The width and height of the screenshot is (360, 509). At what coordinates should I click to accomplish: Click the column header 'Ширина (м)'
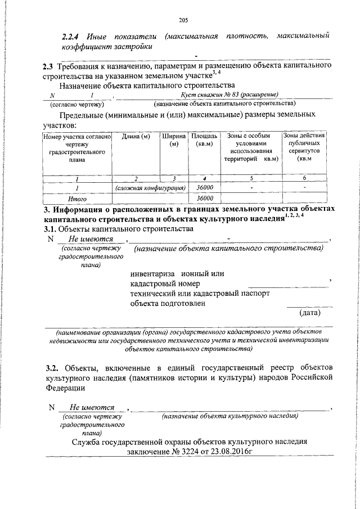173,141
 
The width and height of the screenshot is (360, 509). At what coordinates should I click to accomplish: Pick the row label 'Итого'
76,199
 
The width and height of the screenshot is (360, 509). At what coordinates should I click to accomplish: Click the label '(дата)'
310,311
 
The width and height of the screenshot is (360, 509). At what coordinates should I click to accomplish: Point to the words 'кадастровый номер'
165,283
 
